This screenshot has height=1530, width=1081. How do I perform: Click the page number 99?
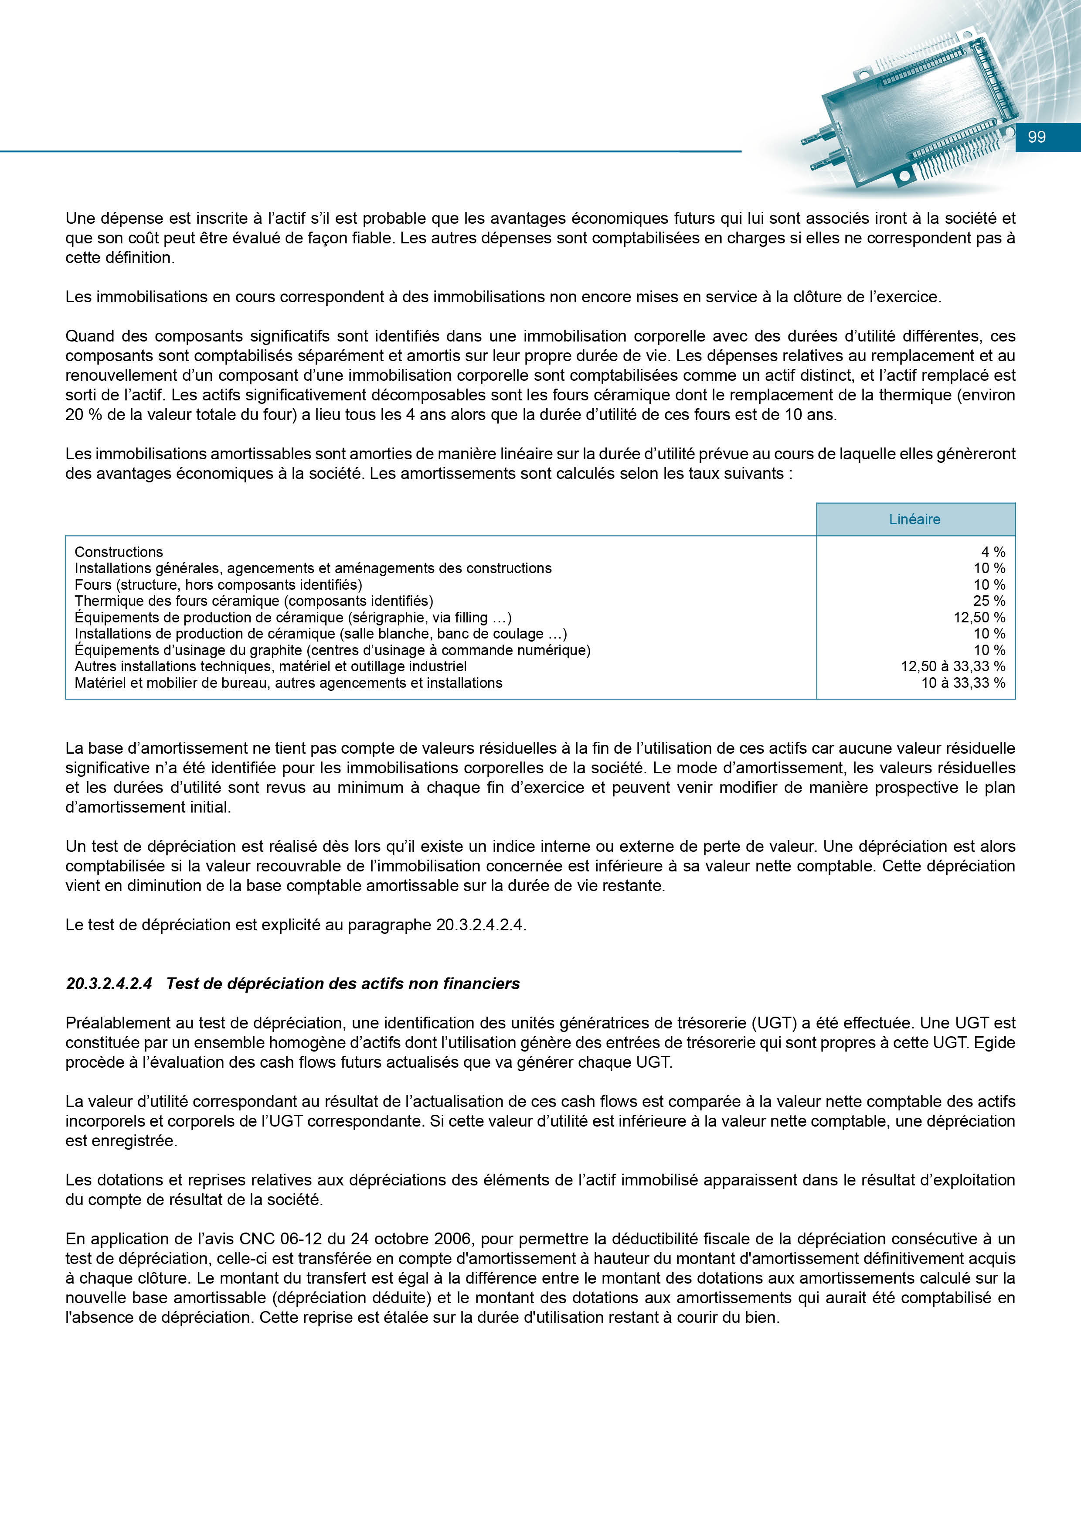click(1037, 137)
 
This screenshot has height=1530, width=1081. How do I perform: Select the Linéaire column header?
click(914, 519)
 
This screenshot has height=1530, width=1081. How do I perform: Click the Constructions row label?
click(119, 552)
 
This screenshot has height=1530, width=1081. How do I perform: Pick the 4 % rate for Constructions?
click(993, 552)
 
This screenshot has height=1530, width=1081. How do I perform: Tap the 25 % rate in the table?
click(989, 601)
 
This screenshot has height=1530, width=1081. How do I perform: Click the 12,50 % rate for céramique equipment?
click(979, 618)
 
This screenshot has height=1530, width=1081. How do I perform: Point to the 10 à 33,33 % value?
click(963, 683)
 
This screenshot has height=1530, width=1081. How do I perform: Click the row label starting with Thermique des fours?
click(254, 601)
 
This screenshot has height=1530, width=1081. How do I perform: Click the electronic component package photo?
click(912, 106)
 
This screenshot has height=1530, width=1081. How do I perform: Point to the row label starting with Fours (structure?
click(218, 584)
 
